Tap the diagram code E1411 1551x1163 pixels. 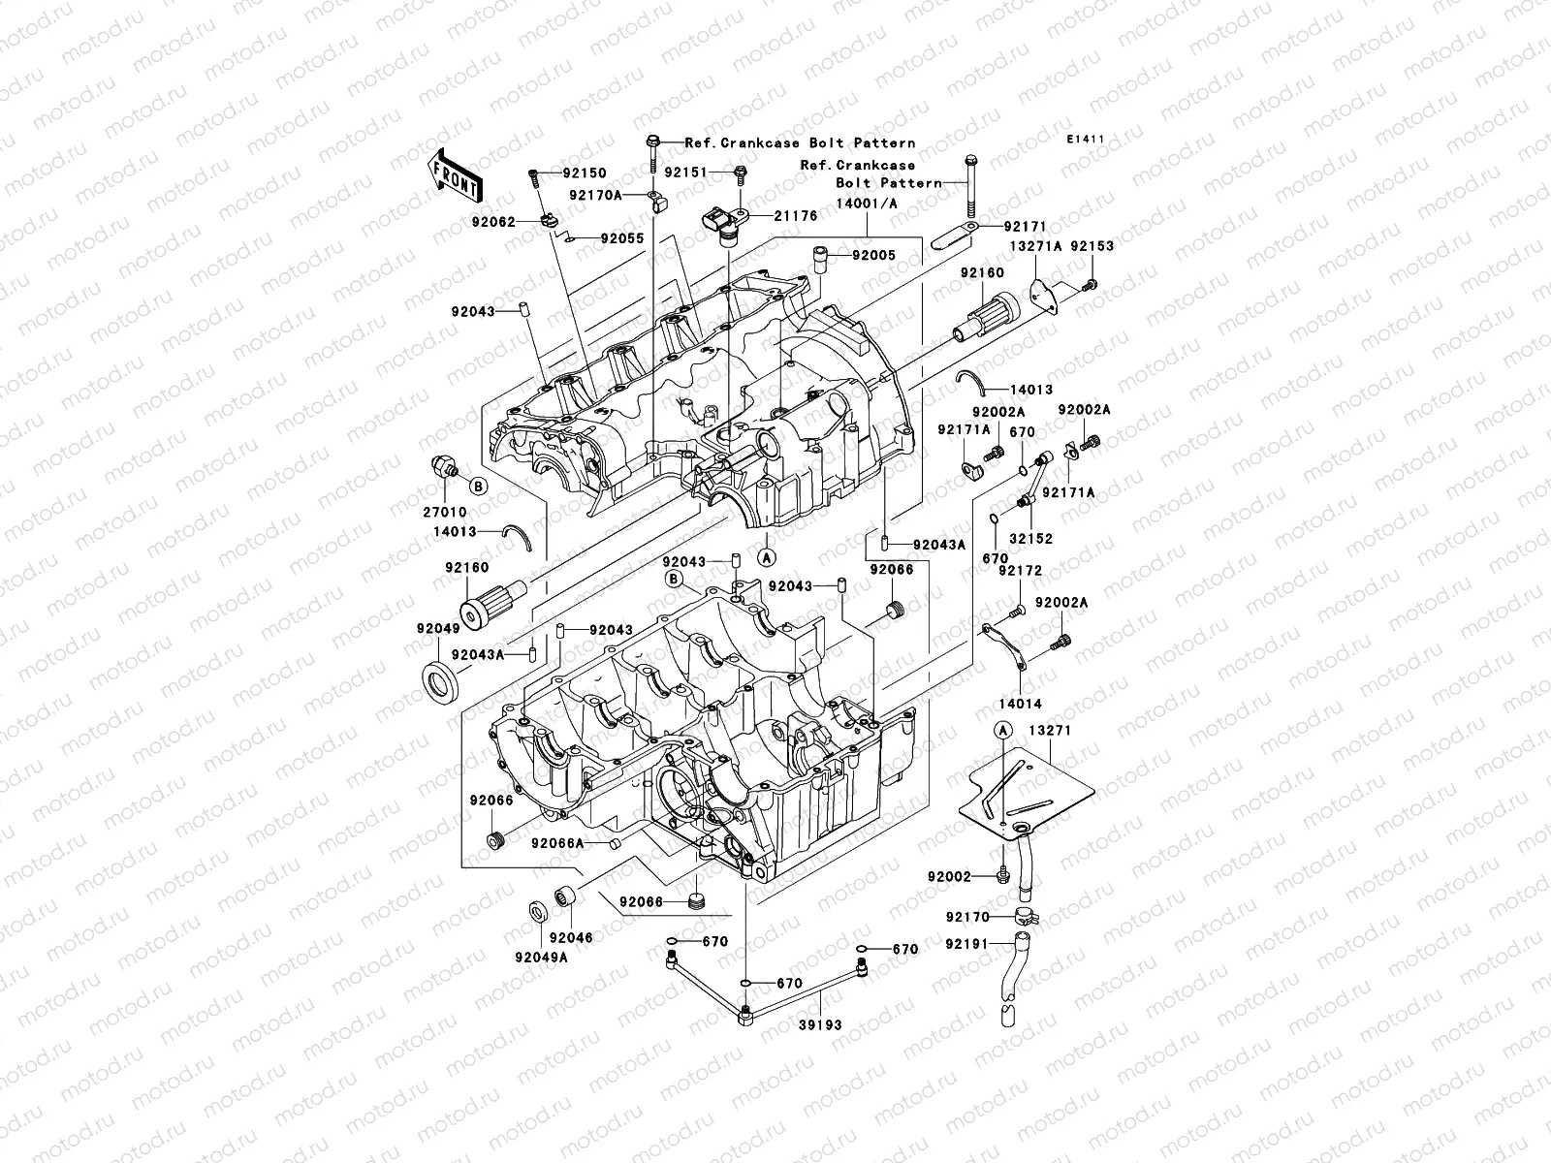1086,140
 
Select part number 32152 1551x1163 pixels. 1029,538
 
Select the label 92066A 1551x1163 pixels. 557,843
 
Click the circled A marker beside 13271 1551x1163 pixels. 1003,729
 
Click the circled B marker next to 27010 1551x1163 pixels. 478,484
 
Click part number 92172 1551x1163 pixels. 1020,572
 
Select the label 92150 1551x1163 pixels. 611,173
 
